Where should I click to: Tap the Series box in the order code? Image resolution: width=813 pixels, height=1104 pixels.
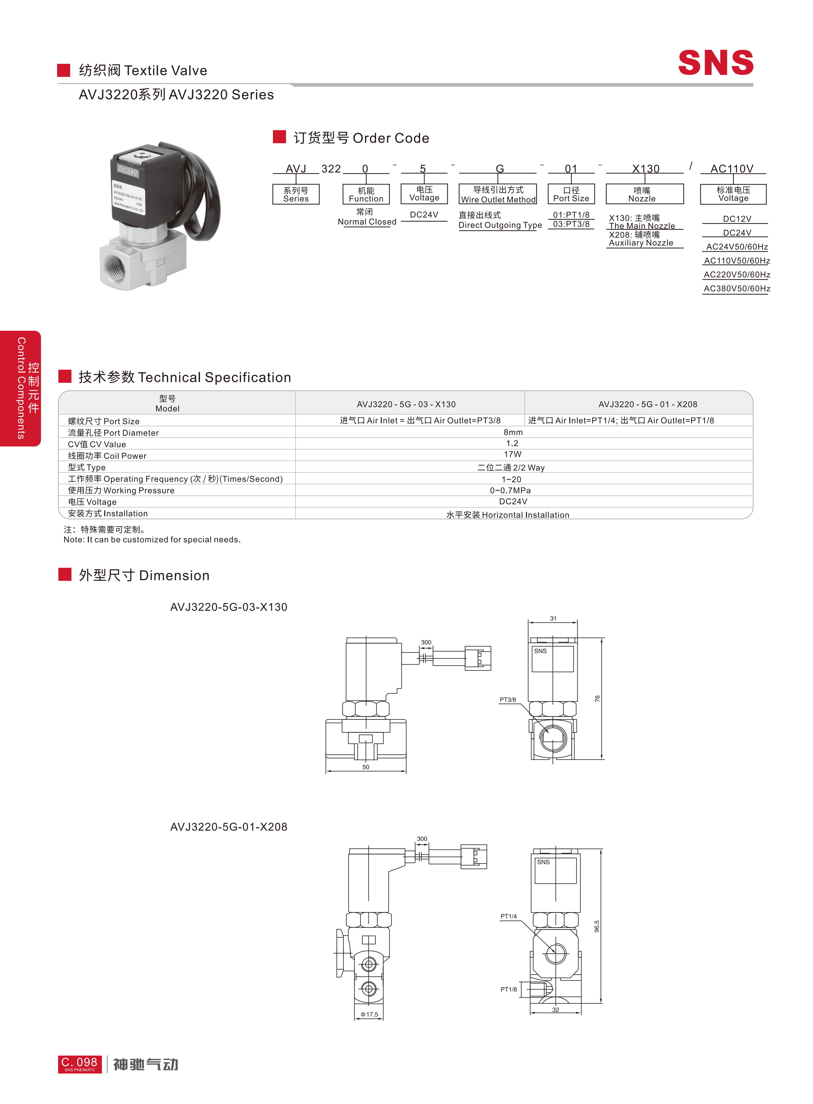coord(296,194)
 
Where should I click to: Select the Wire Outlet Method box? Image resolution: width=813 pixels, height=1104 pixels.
coord(498,194)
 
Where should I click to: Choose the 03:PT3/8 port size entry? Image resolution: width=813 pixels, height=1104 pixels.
coord(571,224)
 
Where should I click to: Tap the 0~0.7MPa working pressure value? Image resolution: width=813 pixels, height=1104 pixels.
coord(510,490)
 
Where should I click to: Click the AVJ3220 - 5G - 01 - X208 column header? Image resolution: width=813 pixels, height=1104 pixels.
coord(647,404)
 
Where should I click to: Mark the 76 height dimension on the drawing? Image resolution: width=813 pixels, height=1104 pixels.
coord(597,699)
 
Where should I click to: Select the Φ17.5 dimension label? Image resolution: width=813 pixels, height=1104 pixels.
coord(369,1014)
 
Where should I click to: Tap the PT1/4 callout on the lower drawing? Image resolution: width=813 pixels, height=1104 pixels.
coord(508,916)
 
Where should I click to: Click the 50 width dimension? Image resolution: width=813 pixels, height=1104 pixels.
coord(366,767)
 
